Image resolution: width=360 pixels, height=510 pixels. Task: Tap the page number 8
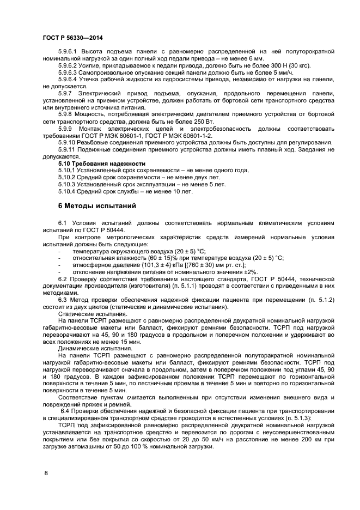46,472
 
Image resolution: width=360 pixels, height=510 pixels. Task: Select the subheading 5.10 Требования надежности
102,163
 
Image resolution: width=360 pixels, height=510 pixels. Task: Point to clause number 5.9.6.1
70,51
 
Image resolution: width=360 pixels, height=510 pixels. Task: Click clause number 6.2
63,278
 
